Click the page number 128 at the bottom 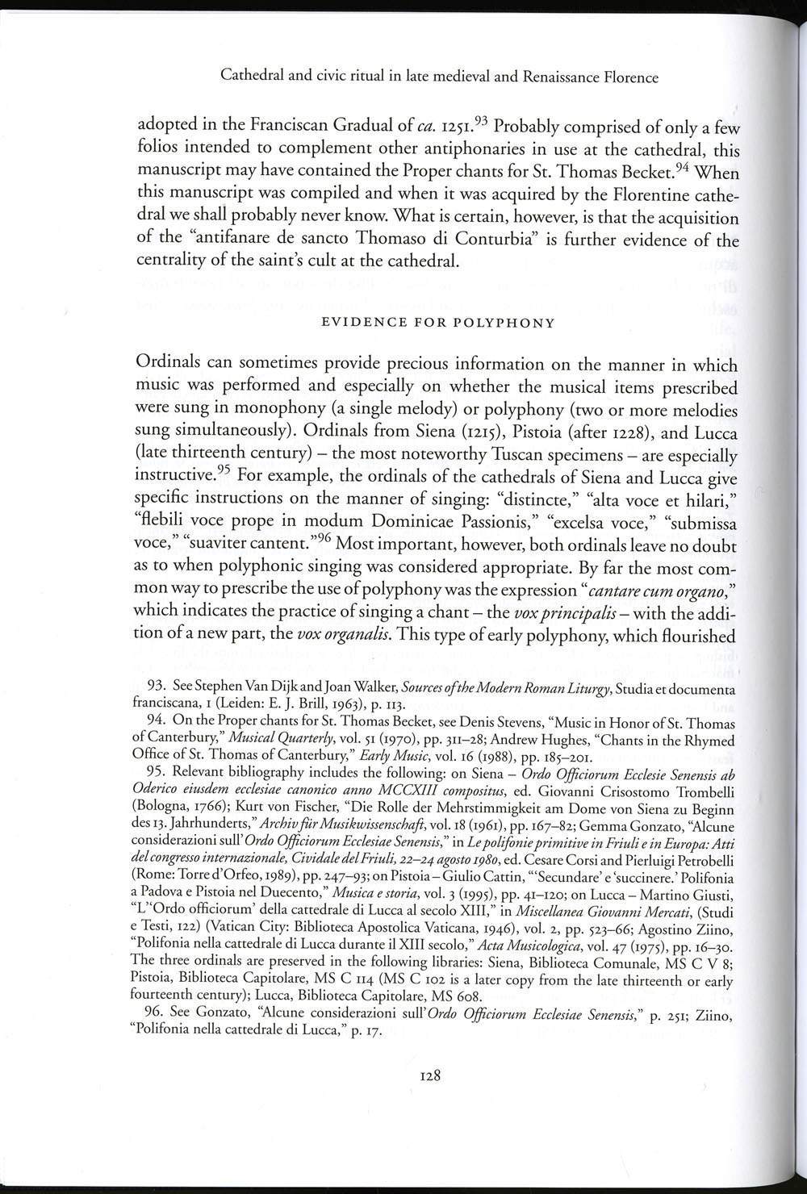[429, 1075]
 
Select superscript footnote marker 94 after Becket [681, 167]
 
